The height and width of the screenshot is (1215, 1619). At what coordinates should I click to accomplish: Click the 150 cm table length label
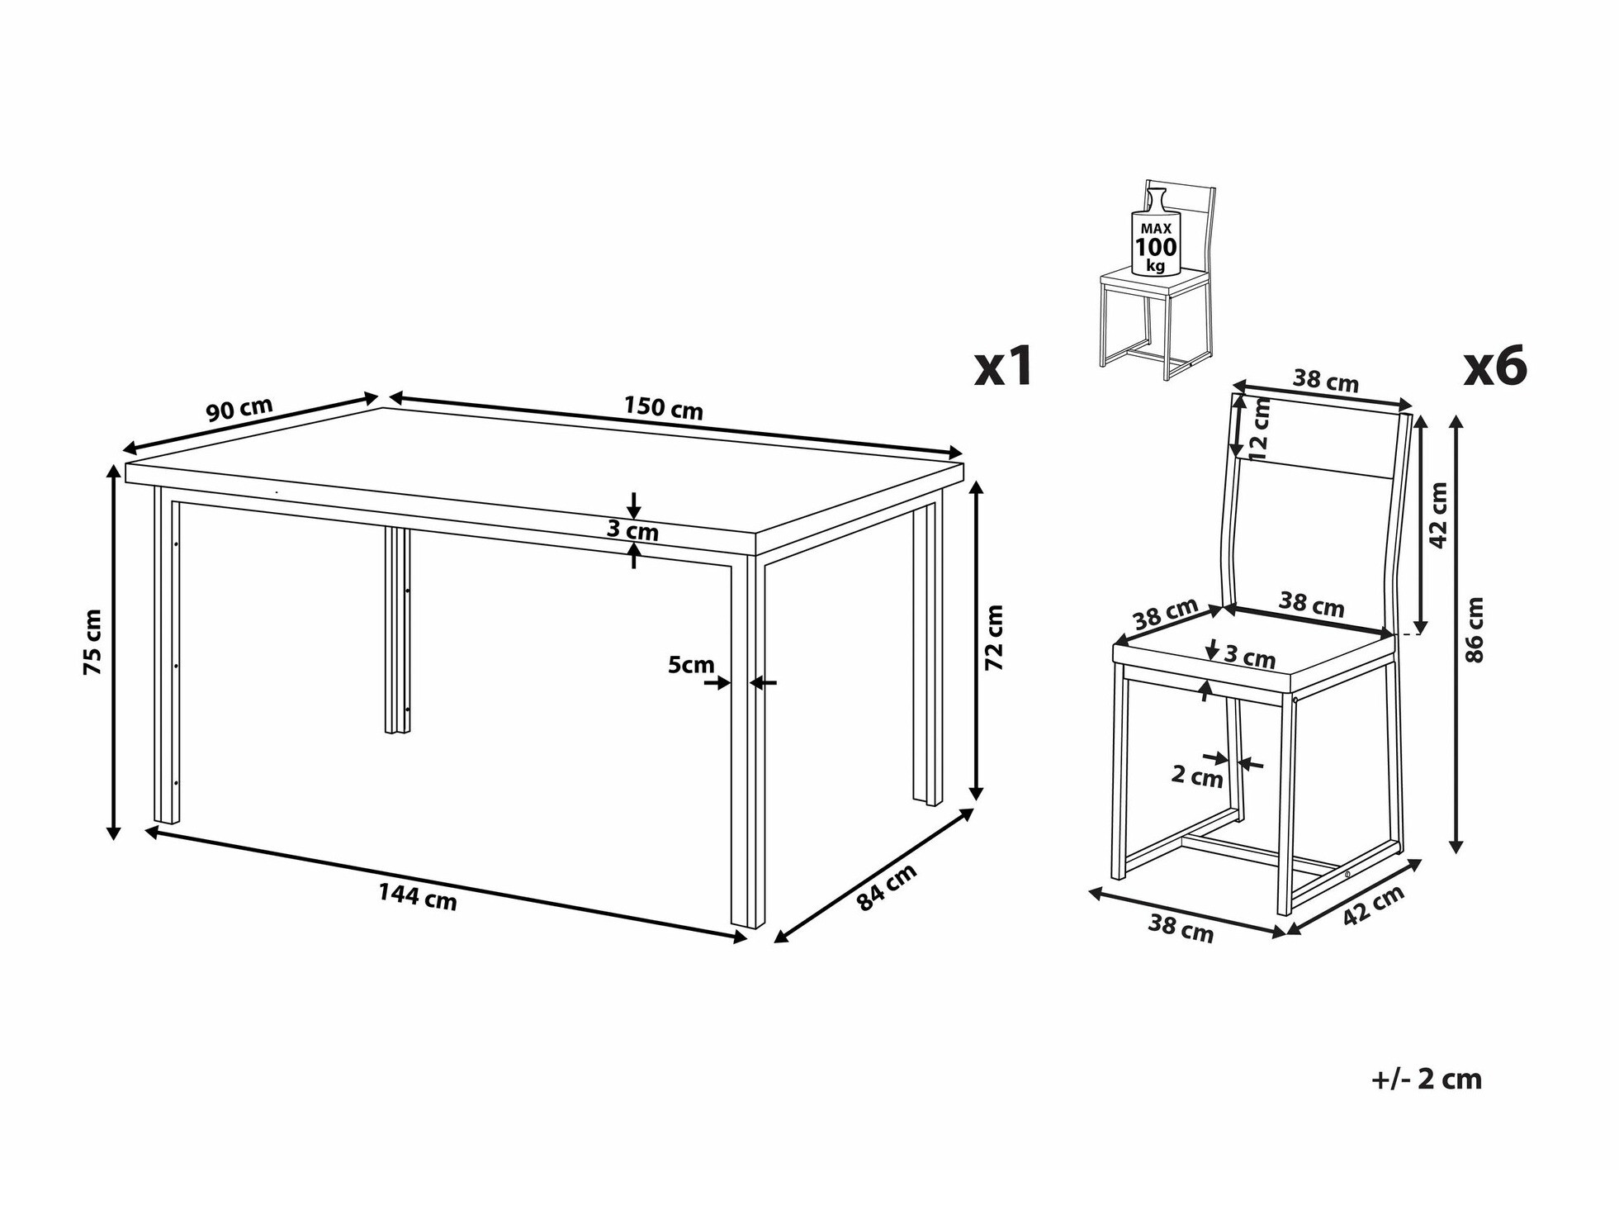point(662,408)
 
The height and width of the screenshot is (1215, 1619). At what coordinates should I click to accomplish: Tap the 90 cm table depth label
point(239,409)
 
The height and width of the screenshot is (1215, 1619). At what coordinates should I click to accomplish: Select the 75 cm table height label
point(93,642)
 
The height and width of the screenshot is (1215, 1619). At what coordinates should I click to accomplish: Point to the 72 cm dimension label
point(994,637)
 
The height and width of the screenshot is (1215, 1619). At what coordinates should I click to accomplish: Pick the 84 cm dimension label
point(887,888)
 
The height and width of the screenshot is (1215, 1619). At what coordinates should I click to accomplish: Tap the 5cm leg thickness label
point(691,664)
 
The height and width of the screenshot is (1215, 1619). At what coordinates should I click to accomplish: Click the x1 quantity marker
point(1003,366)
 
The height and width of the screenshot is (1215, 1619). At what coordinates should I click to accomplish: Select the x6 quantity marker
point(1495,366)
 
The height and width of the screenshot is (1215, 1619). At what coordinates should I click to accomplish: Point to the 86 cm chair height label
point(1475,630)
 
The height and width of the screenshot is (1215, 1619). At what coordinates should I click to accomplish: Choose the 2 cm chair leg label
point(1197,776)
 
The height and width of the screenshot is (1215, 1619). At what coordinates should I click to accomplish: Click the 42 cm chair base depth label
point(1373,905)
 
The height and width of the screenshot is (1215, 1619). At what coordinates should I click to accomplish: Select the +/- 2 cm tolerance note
point(1427,1079)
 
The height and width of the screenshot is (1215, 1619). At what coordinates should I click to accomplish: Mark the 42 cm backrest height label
point(1438,515)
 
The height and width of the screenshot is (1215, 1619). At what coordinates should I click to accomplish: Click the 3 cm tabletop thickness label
point(633,529)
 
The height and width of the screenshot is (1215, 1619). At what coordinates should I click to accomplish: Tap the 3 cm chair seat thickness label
point(1249,657)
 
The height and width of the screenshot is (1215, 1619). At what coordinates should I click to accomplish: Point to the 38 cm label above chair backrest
point(1326,381)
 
